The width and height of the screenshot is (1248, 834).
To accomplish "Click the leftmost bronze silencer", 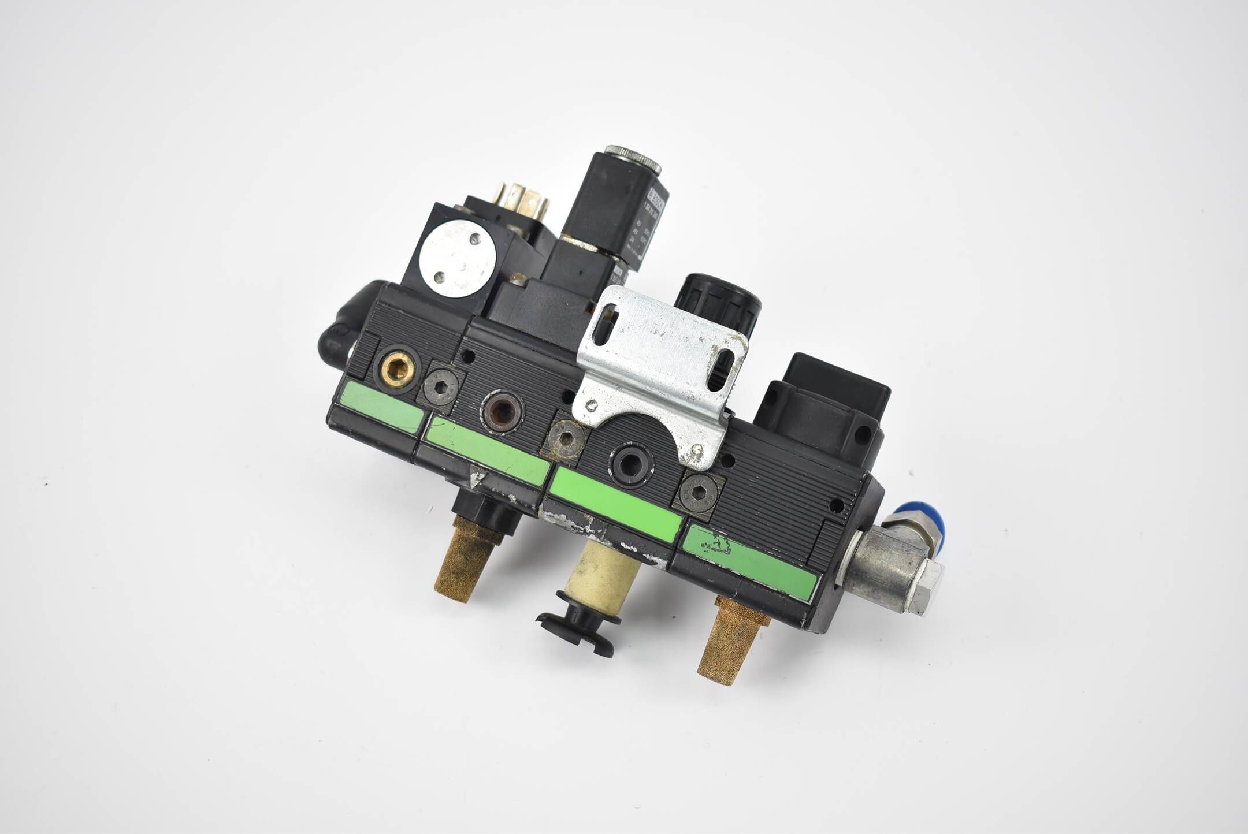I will (x=467, y=555).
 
